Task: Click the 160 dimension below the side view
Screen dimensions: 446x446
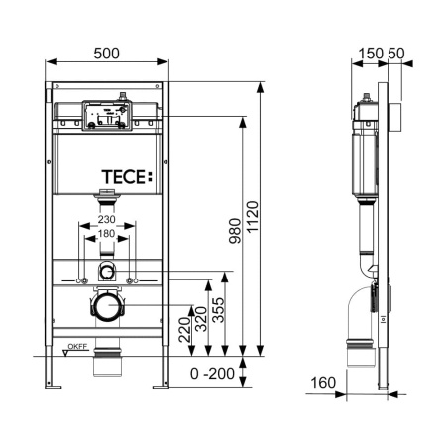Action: coord(324,383)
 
